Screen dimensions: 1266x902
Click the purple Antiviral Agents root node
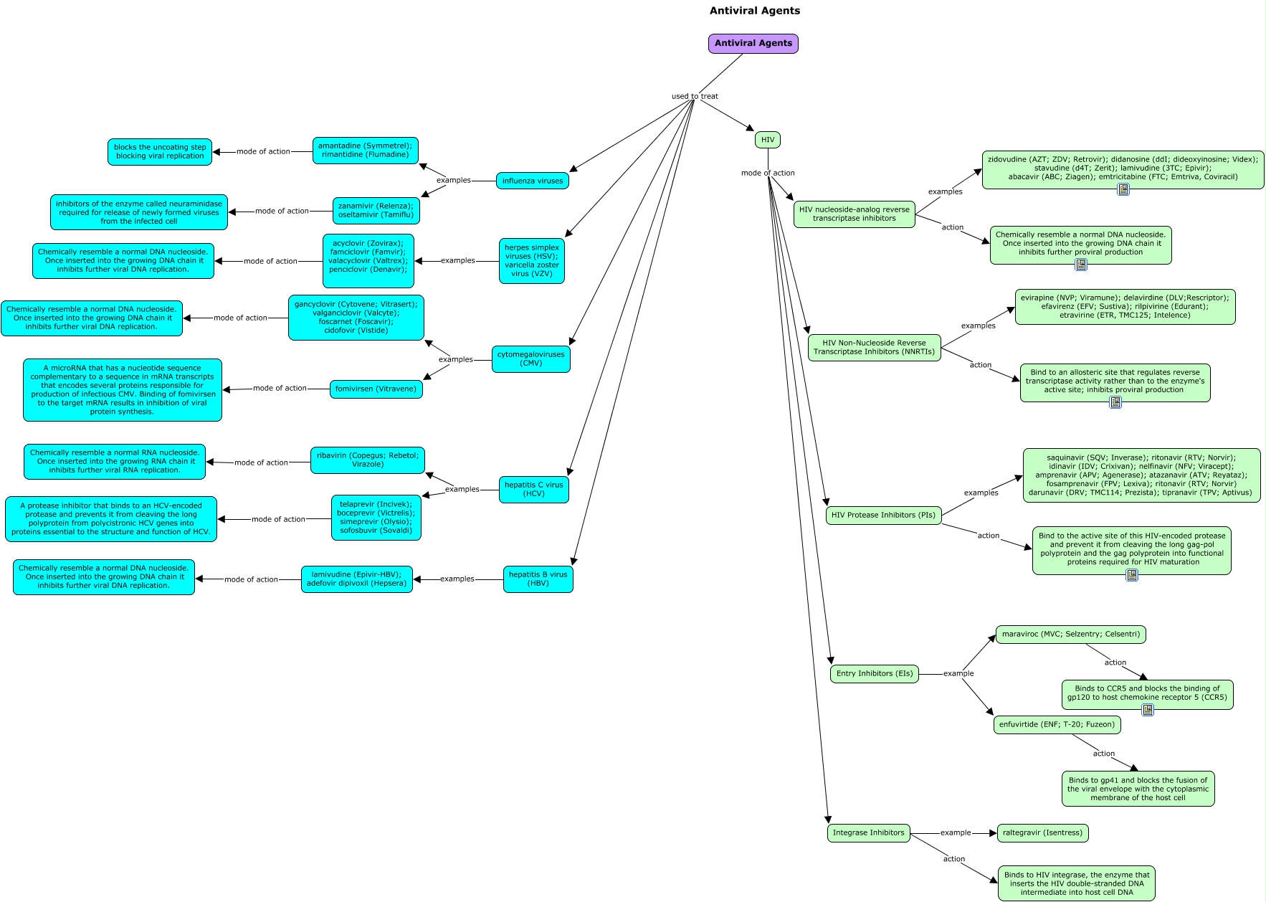pyautogui.click(x=753, y=44)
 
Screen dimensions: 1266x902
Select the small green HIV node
pyautogui.click(x=767, y=140)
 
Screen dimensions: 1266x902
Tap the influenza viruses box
pyautogui.click(x=533, y=181)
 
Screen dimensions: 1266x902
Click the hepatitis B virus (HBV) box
pyautogui.click(x=538, y=579)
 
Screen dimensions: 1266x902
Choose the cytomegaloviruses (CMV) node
pyautogui.click(x=531, y=359)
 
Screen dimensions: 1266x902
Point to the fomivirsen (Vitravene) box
pyautogui.click(x=376, y=389)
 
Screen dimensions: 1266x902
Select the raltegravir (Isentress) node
pyautogui.click(x=1042, y=833)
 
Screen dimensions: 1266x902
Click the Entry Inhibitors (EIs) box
pyautogui.click(x=875, y=674)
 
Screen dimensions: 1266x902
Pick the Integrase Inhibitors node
pyautogui.click(x=869, y=833)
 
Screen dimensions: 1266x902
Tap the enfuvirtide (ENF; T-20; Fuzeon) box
pyautogui.click(x=1057, y=725)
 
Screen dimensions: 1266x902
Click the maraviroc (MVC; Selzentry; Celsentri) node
pyautogui.click(x=1071, y=635)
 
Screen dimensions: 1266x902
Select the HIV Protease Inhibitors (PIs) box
pyautogui.click(x=883, y=515)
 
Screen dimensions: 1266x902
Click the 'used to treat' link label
pyautogui.click(x=695, y=96)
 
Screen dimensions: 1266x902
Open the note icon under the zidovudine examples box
pyautogui.click(x=1123, y=189)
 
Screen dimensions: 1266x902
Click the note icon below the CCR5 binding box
pyautogui.click(x=1148, y=710)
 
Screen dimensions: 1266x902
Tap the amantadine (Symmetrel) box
pyautogui.click(x=366, y=151)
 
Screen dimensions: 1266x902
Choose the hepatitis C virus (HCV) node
pyautogui.click(x=534, y=490)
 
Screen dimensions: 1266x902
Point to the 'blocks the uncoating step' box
pyautogui.click(x=160, y=152)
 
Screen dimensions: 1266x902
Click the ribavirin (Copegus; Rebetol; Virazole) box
pyautogui.click(x=368, y=460)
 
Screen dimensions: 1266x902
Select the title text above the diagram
pyautogui.click(x=755, y=11)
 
